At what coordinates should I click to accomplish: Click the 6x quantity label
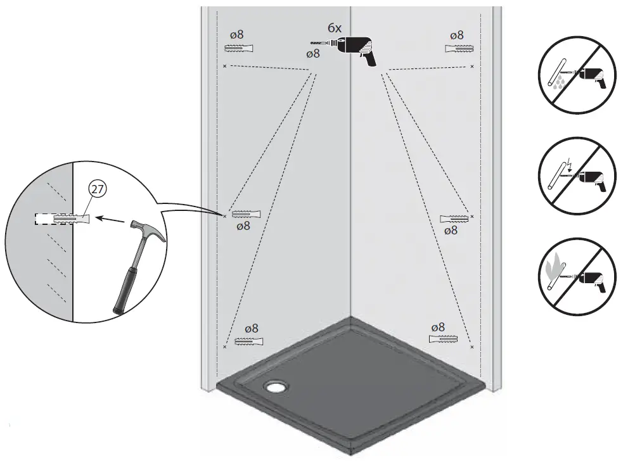point(335,28)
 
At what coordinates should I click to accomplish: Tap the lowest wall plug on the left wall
point(249,341)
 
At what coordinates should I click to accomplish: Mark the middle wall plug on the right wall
point(454,219)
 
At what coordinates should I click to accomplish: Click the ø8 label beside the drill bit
point(312,54)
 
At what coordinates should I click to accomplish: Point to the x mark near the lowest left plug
point(226,347)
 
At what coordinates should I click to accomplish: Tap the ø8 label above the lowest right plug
point(438,327)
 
